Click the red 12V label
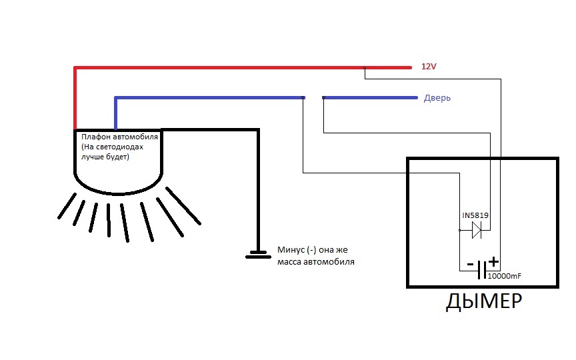(x=429, y=67)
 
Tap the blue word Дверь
(x=437, y=98)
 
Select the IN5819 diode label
(x=475, y=215)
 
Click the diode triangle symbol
(x=477, y=230)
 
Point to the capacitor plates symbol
(x=482, y=270)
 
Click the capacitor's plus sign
(x=494, y=261)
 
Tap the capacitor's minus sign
(x=470, y=264)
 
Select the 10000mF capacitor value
(x=505, y=276)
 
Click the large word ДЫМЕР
(x=484, y=301)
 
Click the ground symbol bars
(x=258, y=255)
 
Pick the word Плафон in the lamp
(x=95, y=137)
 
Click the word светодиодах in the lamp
(x=119, y=147)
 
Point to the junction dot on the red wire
(x=365, y=68)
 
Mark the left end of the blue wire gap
(x=303, y=98)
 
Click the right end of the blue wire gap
(x=323, y=98)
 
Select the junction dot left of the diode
(x=459, y=230)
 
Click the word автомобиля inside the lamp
(x=135, y=137)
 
